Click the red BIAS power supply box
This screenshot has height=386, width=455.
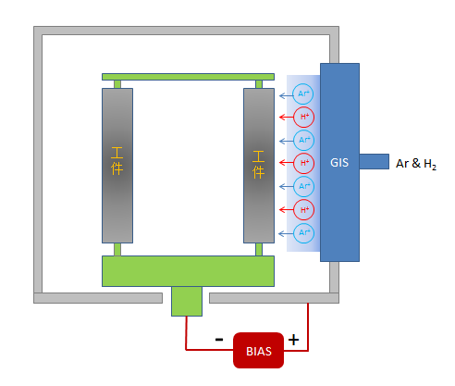tap(258, 350)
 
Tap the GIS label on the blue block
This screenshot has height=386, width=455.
tap(339, 163)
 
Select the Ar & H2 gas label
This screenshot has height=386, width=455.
tap(416, 164)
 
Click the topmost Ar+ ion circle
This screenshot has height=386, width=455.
tap(303, 93)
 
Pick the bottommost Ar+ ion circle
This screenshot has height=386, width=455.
tap(303, 232)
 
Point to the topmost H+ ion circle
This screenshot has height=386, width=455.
tap(303, 117)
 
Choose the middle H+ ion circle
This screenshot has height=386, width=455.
tap(303, 163)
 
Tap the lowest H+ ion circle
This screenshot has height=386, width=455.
tap(303, 210)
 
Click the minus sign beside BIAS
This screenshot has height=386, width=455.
tap(219, 340)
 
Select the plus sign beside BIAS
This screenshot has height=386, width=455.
tap(293, 340)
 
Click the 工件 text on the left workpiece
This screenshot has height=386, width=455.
tap(117, 161)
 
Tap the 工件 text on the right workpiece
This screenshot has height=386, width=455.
tap(258, 165)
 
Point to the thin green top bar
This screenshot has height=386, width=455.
tap(188, 77)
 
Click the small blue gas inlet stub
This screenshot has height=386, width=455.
tap(374, 161)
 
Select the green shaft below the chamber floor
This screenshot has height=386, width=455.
tap(187, 301)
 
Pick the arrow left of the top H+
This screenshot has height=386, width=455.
tap(286, 117)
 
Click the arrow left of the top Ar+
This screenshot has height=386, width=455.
tap(286, 96)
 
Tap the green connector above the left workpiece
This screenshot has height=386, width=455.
tap(117, 84)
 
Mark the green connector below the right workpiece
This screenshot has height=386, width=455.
tap(259, 249)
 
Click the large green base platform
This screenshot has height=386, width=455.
tap(188, 271)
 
